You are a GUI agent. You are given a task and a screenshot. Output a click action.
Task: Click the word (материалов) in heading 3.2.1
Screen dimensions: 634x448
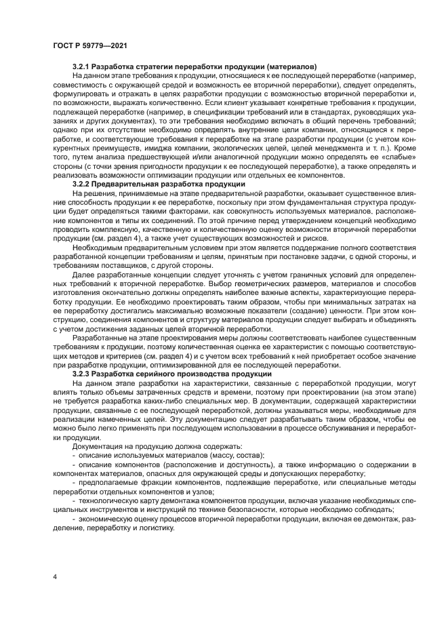point(289,67)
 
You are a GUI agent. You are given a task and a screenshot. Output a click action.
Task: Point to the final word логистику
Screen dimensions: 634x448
point(147,528)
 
